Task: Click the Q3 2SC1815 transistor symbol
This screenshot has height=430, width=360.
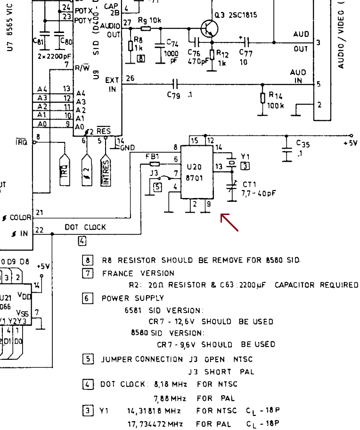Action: pyautogui.click(x=207, y=29)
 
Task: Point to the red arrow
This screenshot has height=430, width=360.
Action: pyautogui.click(x=229, y=223)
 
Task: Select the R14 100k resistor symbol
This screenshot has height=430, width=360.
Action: pyautogui.click(x=262, y=98)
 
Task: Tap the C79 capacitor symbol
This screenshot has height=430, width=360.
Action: pyautogui.click(x=175, y=84)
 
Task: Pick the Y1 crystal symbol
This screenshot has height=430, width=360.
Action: pyautogui.click(x=231, y=162)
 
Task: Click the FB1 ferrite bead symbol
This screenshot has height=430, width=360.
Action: pyautogui.click(x=155, y=164)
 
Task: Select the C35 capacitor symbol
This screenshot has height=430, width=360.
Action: pyautogui.click(x=286, y=151)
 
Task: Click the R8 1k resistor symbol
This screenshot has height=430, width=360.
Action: pyautogui.click(x=131, y=46)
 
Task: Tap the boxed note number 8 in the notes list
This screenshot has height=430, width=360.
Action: pyautogui.click(x=88, y=260)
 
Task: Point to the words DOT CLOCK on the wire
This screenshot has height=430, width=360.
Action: pyautogui.click(x=85, y=227)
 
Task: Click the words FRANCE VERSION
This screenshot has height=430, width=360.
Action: pyautogui.click(x=138, y=273)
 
